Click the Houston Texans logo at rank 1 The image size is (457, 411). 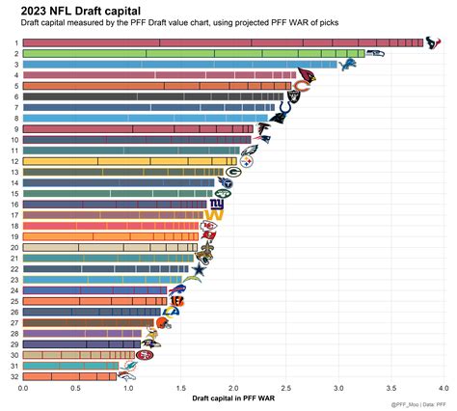coord(433,42)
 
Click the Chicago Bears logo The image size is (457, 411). coord(300,86)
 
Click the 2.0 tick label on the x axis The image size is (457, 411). coord(231,388)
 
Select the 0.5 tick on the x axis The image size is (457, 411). coord(75,388)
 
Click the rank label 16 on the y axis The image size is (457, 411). coord(15,204)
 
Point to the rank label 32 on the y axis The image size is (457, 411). coord(15,375)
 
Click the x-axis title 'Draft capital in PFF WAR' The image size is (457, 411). coord(231,397)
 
